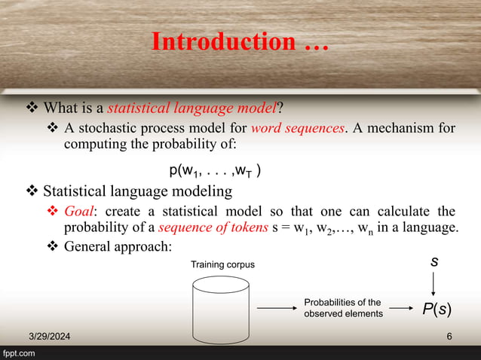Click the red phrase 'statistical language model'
point(192,103)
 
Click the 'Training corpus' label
point(222,264)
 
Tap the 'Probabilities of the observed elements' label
point(342,307)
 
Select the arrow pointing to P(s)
point(400,308)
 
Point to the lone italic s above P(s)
point(434,262)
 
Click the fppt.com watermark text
point(20,353)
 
